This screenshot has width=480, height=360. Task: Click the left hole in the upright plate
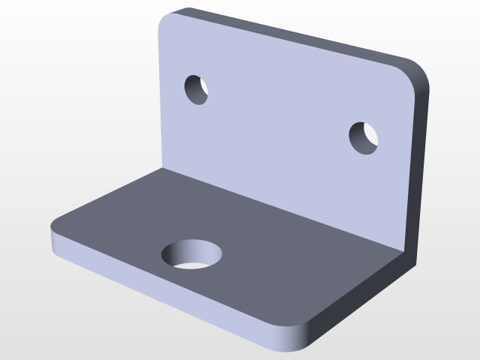click(x=196, y=89)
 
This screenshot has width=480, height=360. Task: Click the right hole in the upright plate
click(x=364, y=138)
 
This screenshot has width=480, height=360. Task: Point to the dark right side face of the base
click(x=360, y=300)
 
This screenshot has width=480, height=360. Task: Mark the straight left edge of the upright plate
click(x=160, y=97)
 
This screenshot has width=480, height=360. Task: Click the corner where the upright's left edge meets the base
click(x=161, y=168)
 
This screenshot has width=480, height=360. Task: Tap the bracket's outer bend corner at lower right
click(x=409, y=259)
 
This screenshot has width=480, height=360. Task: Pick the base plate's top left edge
click(x=105, y=196)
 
